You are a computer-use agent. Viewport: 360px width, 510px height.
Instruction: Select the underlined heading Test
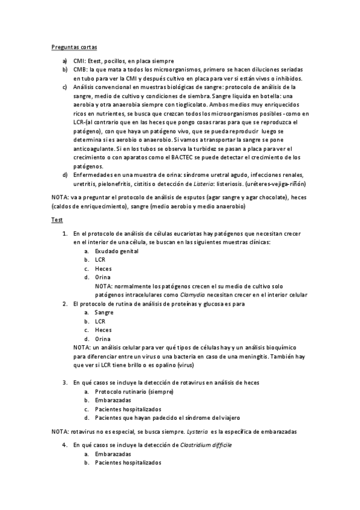click(56, 220)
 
